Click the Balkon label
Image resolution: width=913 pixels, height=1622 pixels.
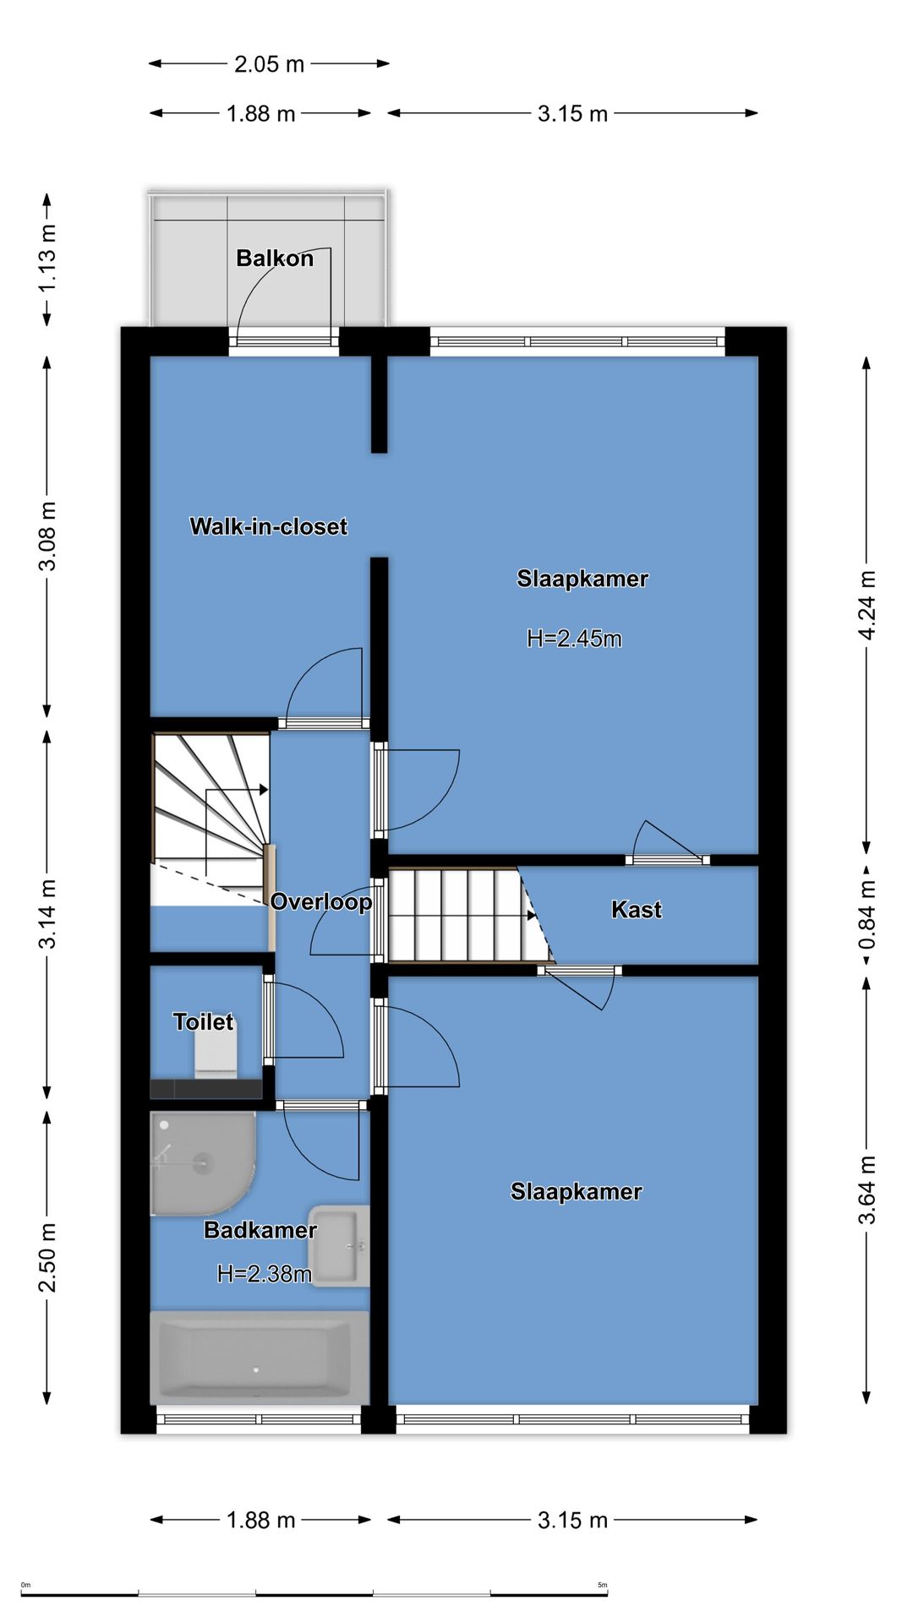pyautogui.click(x=275, y=259)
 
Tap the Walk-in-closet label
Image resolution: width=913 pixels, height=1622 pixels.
pyautogui.click(x=269, y=526)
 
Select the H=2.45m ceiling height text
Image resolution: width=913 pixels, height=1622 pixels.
pyautogui.click(x=574, y=639)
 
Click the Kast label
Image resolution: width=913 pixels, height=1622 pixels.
pyautogui.click(x=637, y=910)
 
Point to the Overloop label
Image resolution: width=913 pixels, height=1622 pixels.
pyautogui.click(x=321, y=902)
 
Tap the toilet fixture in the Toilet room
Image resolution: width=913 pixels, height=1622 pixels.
pyautogui.click(x=216, y=1055)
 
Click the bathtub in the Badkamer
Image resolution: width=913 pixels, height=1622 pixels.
pyautogui.click(x=260, y=1358)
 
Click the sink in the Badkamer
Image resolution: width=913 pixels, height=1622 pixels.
pyautogui.click(x=341, y=1246)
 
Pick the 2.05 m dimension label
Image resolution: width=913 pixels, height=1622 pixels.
pyautogui.click(x=269, y=64)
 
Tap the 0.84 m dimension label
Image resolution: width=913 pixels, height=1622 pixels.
pyautogui.click(x=867, y=913)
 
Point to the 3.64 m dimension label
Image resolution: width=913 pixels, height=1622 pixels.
pyautogui.click(x=867, y=1190)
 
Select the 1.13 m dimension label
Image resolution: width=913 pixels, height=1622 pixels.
pyautogui.click(x=48, y=259)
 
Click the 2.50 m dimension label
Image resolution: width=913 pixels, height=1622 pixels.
pyautogui.click(x=48, y=1257)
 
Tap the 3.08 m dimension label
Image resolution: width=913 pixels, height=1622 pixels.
pyautogui.click(x=48, y=536)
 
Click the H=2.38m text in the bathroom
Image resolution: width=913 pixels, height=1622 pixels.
pyautogui.click(x=265, y=1274)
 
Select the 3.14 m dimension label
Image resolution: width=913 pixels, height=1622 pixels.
pyautogui.click(x=48, y=913)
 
